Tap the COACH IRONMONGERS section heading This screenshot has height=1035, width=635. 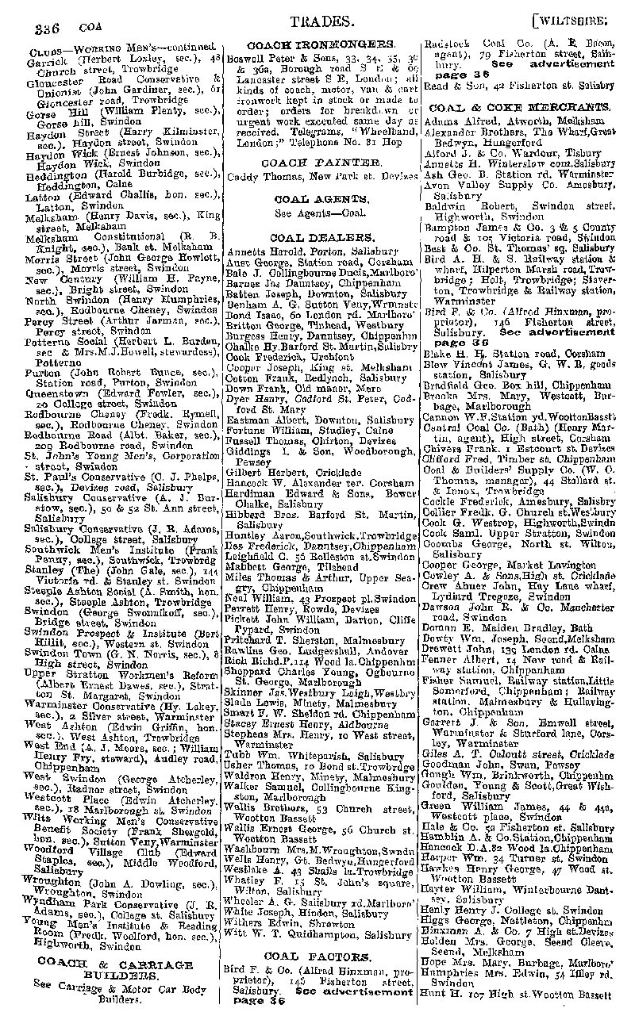pyautogui.click(x=320, y=44)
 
